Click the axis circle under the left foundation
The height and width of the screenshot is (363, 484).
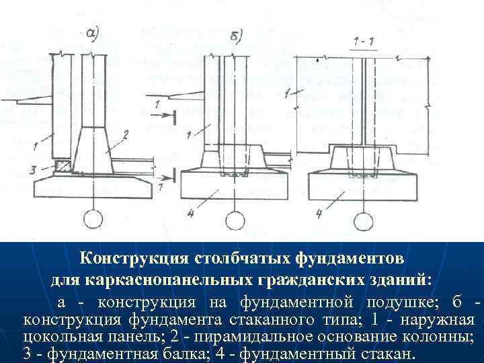pos(93,219)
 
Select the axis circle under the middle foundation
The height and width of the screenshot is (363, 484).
pos(234,220)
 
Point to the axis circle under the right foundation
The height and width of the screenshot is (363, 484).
pos(364,220)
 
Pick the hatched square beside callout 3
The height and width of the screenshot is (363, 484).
pos(62,165)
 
